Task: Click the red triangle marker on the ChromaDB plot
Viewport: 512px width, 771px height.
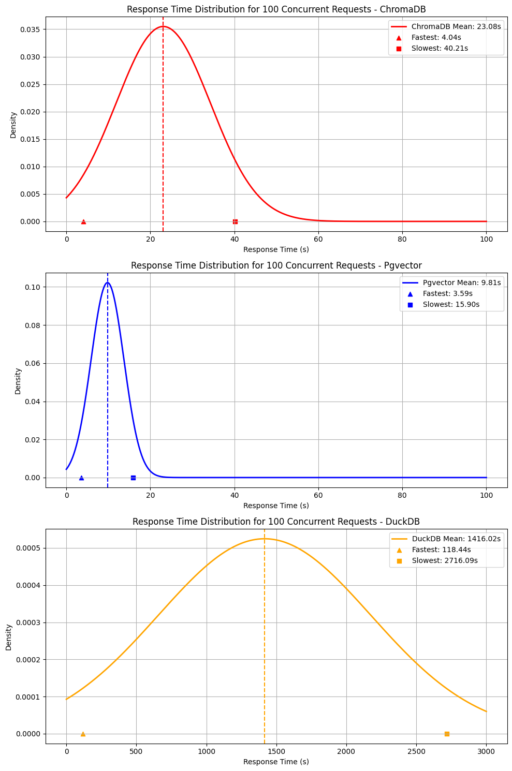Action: point(83,221)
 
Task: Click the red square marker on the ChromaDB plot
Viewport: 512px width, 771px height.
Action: point(235,221)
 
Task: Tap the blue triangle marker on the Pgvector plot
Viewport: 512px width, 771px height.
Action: point(81,478)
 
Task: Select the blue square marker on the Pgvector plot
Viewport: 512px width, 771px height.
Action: point(133,478)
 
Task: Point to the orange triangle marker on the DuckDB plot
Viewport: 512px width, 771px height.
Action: point(83,734)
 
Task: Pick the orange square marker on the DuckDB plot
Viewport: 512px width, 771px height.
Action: point(447,734)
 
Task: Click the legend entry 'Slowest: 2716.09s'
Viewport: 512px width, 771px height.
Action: point(445,560)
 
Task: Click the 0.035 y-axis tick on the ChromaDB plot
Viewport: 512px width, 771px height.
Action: point(31,29)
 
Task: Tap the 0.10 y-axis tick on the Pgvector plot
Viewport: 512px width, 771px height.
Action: point(33,287)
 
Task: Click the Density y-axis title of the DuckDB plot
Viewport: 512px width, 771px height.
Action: point(9,637)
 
